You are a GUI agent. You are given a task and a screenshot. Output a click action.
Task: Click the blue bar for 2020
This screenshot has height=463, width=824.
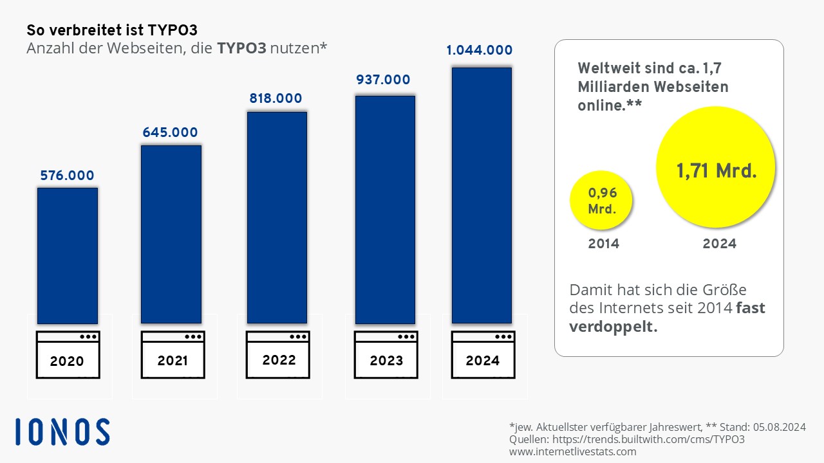click(x=68, y=256)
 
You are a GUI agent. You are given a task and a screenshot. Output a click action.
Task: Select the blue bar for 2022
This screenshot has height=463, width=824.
click(x=277, y=218)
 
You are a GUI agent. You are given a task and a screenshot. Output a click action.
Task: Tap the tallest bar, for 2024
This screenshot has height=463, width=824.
click(x=482, y=195)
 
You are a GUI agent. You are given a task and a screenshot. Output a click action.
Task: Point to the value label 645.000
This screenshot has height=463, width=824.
click(x=171, y=132)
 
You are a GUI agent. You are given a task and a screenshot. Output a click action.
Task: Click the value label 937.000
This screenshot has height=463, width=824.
click(x=383, y=80)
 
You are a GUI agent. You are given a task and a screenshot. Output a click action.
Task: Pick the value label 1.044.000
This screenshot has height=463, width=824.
click(x=480, y=50)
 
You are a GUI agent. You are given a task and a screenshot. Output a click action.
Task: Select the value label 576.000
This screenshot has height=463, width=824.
click(x=67, y=176)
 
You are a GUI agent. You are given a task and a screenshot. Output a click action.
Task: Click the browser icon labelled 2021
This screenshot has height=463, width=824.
click(x=173, y=354)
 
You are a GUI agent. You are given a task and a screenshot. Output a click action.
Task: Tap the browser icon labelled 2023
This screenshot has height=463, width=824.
click(x=386, y=354)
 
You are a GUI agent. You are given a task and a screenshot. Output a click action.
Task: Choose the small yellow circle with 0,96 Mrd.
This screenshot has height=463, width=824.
click(x=601, y=200)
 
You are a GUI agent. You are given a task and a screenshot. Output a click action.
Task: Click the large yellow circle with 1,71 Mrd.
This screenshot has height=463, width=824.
click(x=715, y=167)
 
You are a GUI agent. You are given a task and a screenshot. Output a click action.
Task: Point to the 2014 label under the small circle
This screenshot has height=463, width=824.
click(x=604, y=244)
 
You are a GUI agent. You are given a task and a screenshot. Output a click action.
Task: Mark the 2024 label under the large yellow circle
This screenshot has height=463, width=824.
click(x=720, y=244)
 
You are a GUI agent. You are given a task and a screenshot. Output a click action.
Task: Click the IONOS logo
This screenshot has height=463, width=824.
click(x=62, y=431)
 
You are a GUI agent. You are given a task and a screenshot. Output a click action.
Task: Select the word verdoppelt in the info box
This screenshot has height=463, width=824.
click(x=613, y=326)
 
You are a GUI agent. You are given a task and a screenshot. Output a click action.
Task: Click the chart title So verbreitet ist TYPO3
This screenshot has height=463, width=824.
click(x=112, y=30)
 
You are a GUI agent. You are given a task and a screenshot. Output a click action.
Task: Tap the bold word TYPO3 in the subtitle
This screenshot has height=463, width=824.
click(x=241, y=48)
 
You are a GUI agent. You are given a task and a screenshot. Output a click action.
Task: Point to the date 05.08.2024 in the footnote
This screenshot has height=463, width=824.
click(x=780, y=427)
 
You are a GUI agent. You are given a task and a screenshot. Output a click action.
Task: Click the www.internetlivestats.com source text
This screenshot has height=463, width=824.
click(x=573, y=451)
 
